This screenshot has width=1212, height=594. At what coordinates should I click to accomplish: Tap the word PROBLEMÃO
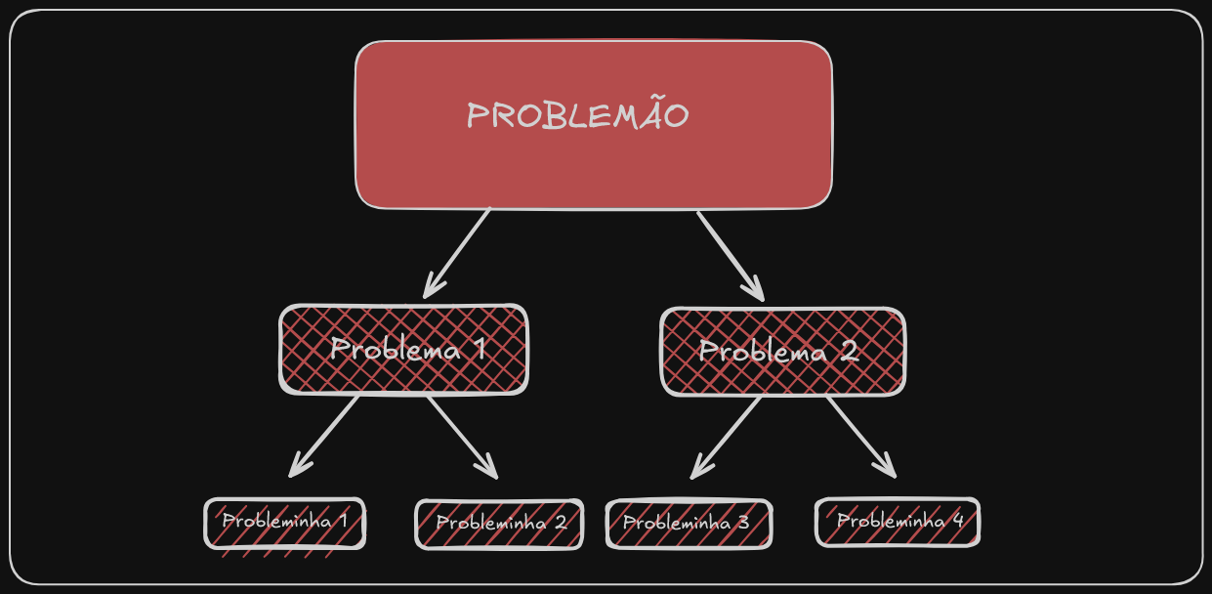[x=577, y=116]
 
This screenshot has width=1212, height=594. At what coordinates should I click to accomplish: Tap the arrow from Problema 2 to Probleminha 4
[x=859, y=436]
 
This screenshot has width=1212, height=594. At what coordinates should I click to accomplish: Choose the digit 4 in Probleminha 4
[x=957, y=521]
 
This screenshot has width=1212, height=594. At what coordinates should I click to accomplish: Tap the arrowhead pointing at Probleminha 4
[x=889, y=471]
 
